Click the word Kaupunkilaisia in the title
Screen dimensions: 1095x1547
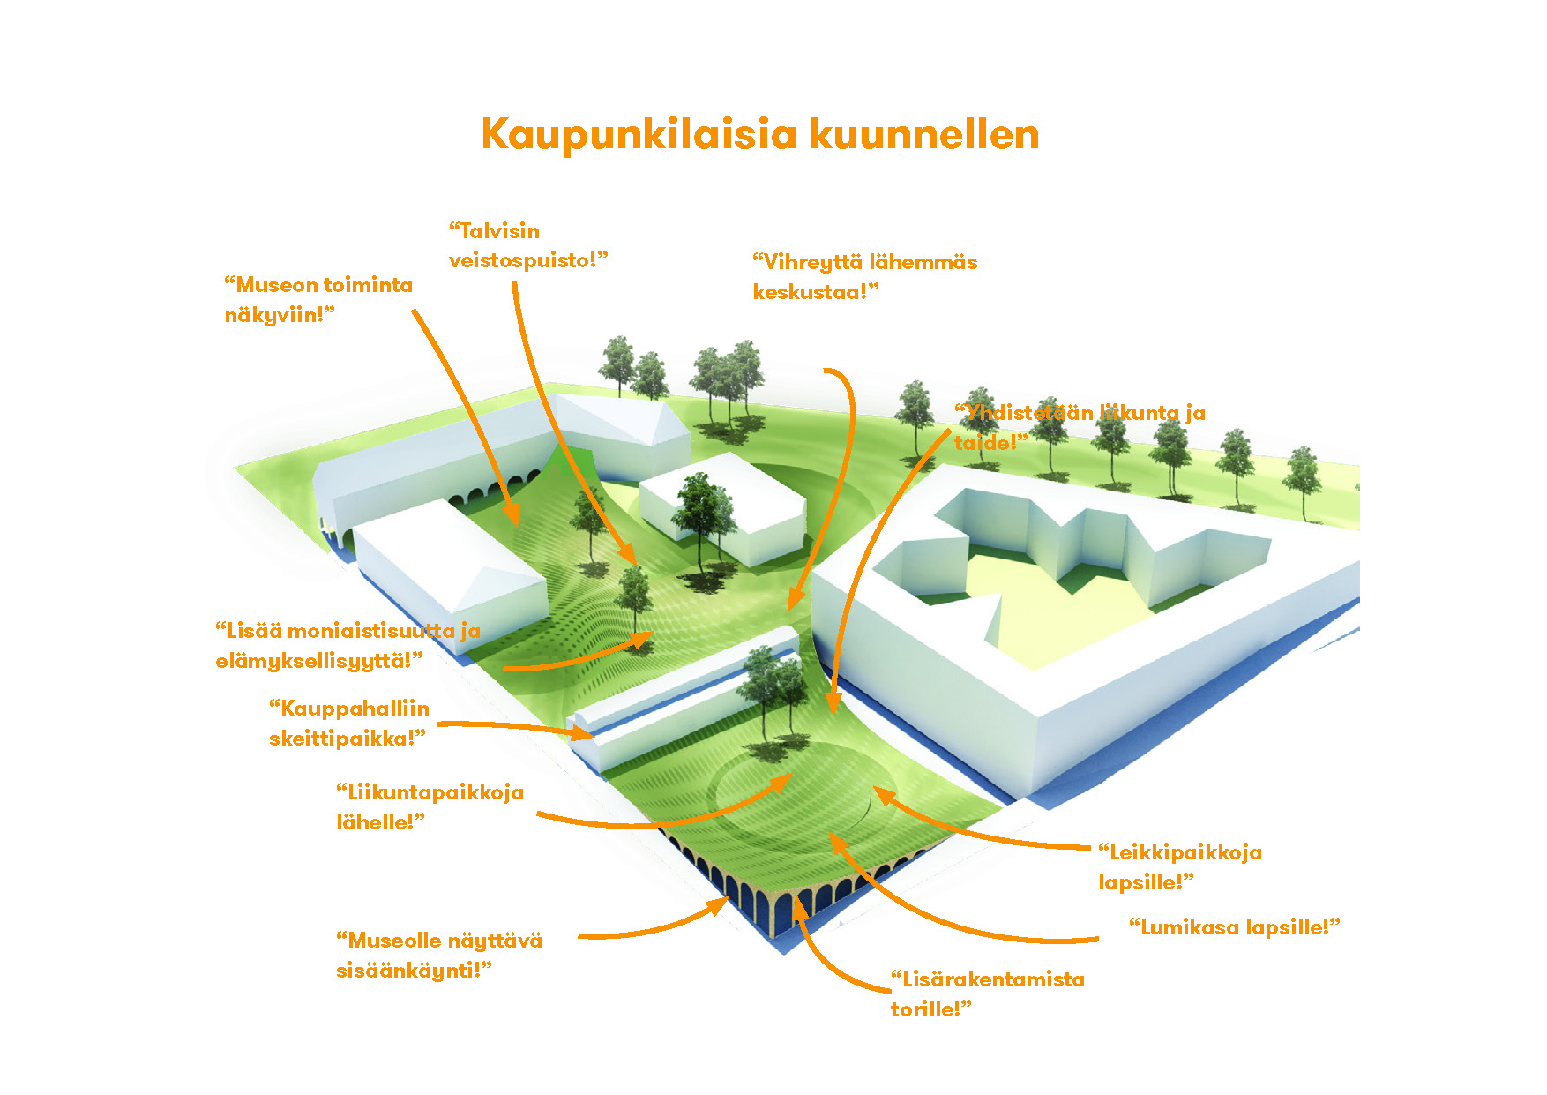[x=639, y=135]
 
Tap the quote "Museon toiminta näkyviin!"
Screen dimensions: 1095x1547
[x=318, y=300]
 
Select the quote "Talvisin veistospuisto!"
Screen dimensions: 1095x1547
[x=527, y=245]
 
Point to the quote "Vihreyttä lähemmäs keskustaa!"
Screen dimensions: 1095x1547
[x=863, y=277]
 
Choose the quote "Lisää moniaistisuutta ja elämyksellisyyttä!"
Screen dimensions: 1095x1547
[x=347, y=646]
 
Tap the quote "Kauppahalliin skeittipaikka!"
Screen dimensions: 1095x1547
[x=348, y=724]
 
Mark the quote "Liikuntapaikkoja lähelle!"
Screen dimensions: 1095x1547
[x=430, y=807]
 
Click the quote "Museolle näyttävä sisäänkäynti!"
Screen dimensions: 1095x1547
[x=438, y=956]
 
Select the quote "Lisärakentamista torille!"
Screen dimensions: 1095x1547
[x=987, y=994]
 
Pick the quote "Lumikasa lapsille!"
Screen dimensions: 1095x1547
[x=1234, y=927]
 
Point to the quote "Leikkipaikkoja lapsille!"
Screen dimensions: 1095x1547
[x=1179, y=867]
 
